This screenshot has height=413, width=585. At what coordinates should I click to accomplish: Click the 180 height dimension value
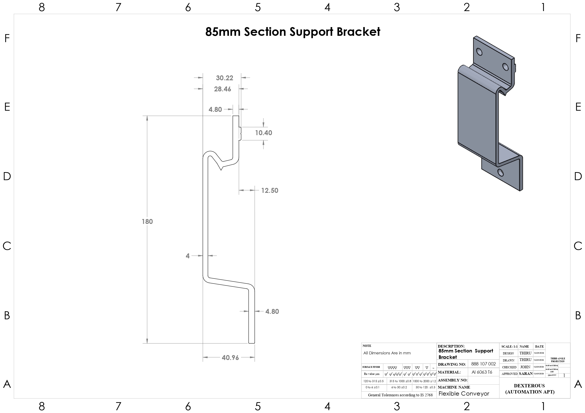[147, 221]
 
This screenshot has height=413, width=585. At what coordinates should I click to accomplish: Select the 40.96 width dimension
[230, 357]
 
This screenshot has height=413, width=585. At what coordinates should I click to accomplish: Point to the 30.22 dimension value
[224, 78]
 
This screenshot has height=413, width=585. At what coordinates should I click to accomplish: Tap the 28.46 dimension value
[222, 89]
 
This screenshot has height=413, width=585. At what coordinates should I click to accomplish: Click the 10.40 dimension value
[263, 133]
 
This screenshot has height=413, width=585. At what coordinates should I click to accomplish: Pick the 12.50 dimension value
[270, 190]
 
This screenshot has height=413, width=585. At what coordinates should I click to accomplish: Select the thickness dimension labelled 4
[187, 256]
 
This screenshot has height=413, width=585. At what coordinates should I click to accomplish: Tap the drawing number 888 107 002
[483, 364]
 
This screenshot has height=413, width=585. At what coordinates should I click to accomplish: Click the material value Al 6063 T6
[482, 372]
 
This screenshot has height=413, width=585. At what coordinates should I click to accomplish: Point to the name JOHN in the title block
[525, 367]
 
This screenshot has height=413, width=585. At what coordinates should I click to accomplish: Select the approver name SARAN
[526, 373]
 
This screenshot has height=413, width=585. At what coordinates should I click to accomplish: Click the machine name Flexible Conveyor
[464, 394]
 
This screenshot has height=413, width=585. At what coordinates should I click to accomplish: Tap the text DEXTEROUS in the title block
[529, 386]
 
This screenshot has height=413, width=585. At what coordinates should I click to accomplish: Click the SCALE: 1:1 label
[509, 347]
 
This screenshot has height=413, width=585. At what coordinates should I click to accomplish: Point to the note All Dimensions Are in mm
[387, 353]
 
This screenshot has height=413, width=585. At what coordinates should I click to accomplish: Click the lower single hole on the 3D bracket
[500, 173]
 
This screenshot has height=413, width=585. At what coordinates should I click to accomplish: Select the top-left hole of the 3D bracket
[479, 52]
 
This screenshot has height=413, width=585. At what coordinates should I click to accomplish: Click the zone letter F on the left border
[7, 38]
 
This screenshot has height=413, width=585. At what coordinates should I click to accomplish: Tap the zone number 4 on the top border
[328, 7]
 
